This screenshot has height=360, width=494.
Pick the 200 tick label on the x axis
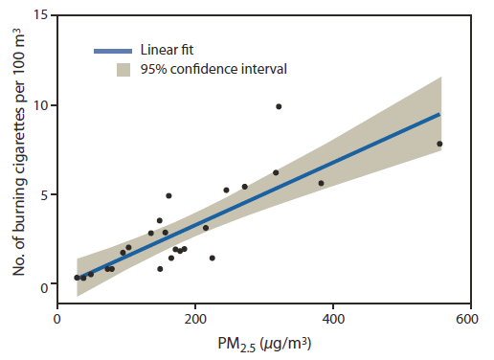pyautogui.click(x=196, y=319)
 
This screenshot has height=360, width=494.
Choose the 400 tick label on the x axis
pyautogui.click(x=333, y=319)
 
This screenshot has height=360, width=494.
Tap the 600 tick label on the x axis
pyautogui.click(x=467, y=319)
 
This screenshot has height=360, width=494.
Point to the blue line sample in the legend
pyautogui.click(x=112, y=50)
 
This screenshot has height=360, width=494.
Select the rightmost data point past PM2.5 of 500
pyautogui.click(x=439, y=144)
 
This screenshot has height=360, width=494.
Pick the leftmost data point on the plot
pyautogui.click(x=77, y=278)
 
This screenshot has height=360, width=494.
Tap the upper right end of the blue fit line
pyautogui.click(x=439, y=114)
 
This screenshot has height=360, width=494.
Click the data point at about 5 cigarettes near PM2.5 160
pyautogui.click(x=168, y=195)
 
